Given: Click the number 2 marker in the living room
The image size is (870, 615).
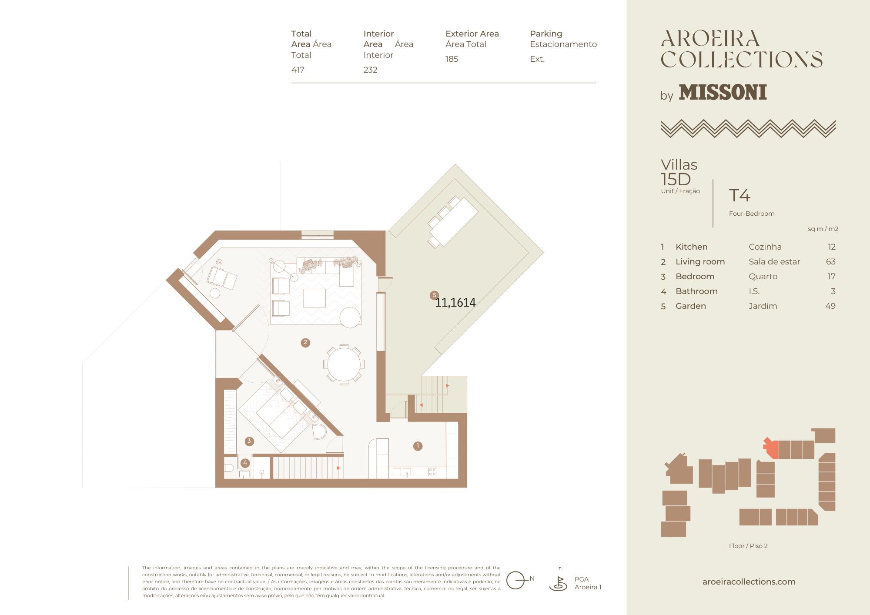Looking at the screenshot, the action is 305,343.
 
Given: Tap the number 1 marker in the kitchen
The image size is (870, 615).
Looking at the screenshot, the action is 418,446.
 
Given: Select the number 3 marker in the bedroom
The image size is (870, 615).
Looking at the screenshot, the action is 249,441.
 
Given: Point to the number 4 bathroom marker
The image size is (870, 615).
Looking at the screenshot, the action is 245,463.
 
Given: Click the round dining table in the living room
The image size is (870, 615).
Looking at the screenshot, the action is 344,364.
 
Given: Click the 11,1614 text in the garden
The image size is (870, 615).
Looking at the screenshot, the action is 455,302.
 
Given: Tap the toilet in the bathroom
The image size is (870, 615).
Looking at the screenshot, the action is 229,468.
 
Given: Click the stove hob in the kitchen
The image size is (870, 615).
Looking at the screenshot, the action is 432,472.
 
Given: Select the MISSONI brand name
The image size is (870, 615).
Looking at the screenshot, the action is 723,92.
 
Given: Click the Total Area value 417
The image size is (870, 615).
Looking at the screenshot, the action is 298,70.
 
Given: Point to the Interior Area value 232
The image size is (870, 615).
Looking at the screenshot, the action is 370,70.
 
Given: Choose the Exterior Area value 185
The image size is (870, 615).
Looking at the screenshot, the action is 452,59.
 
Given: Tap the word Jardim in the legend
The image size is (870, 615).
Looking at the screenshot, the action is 763,306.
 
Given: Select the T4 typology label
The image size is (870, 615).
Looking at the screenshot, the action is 739,195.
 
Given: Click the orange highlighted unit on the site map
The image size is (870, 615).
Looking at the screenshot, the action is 771,448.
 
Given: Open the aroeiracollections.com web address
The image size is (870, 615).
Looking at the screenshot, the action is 749,582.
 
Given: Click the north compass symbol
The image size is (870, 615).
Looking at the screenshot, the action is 518,580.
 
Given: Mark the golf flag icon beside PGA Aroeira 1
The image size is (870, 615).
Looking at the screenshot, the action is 558,581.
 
